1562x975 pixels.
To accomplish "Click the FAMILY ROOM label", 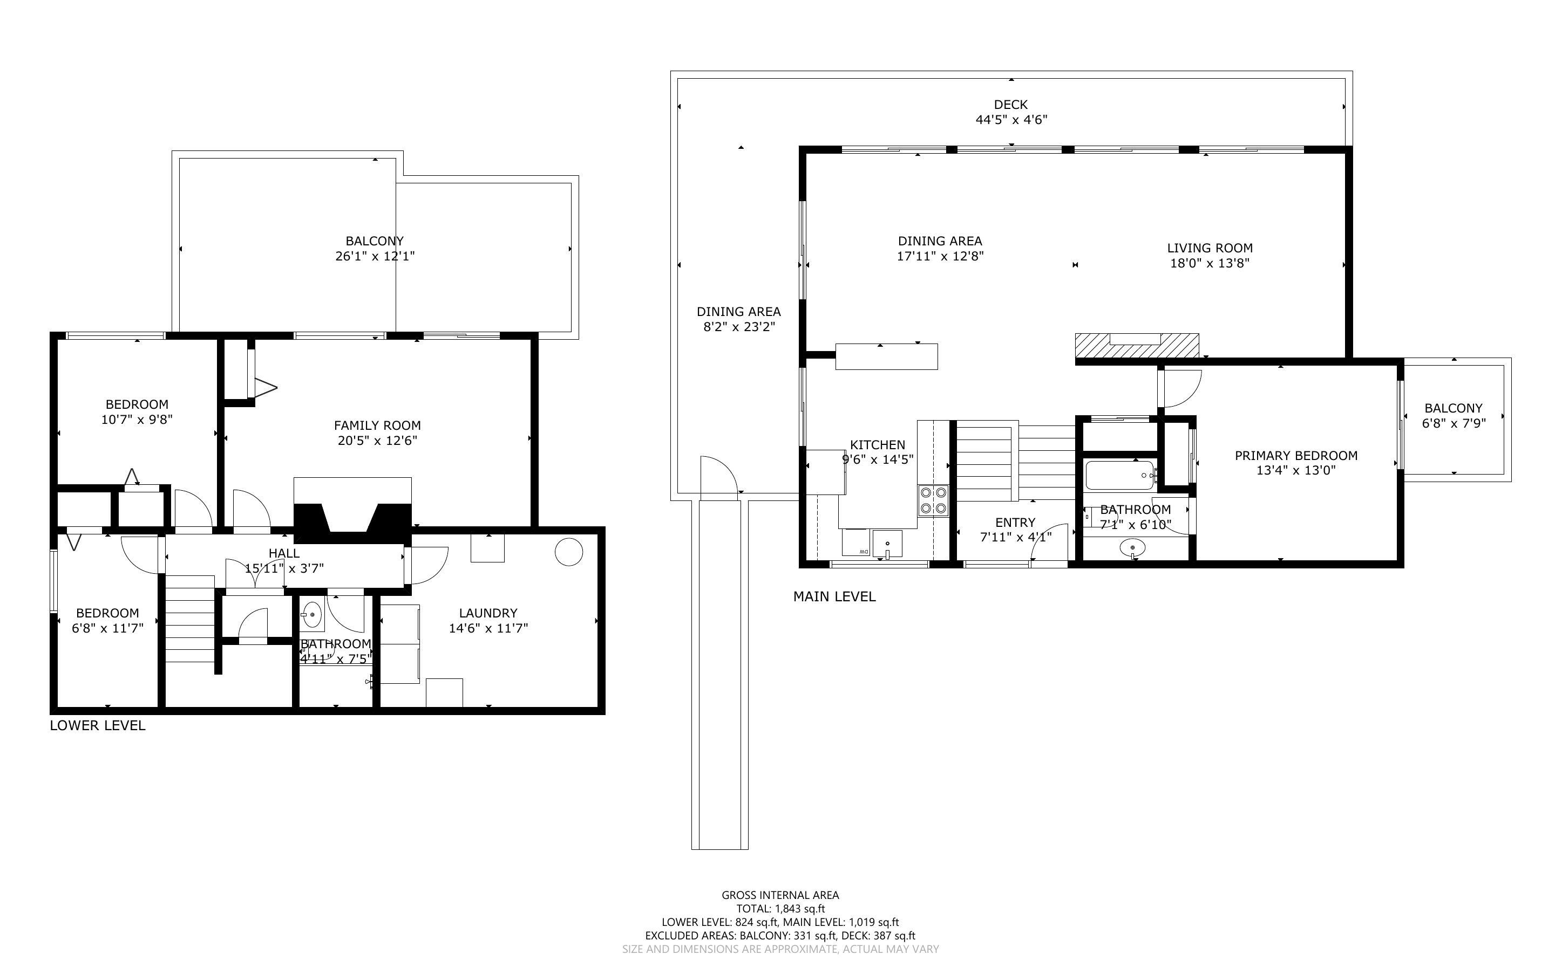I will tap(377, 425).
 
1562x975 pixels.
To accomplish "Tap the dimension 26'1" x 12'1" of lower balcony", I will tap(374, 256).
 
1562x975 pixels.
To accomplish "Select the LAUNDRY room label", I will tap(488, 613).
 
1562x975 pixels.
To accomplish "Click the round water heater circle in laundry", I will tap(568, 552).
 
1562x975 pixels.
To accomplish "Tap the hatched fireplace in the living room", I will tap(1136, 346).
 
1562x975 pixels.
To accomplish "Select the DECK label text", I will tap(1010, 105).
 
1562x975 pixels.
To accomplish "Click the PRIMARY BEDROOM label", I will tap(1295, 456).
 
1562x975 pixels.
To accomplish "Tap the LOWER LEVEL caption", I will tap(98, 725).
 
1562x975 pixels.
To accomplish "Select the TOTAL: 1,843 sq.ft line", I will tap(780, 909).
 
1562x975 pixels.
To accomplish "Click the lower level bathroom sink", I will tap(313, 615).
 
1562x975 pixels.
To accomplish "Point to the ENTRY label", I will tap(1015, 523).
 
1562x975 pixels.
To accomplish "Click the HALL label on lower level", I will tap(284, 553).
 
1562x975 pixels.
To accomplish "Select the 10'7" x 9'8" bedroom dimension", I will tap(137, 420).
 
